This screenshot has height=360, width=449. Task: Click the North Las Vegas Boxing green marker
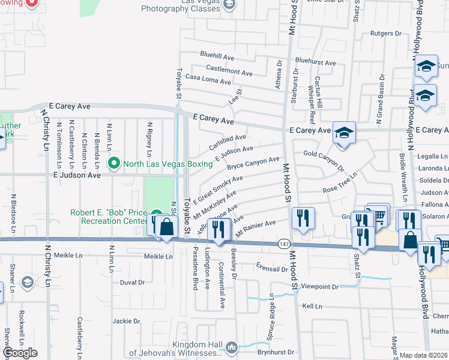113,163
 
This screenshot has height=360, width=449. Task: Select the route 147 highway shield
284,245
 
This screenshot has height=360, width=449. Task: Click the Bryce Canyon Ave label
253,162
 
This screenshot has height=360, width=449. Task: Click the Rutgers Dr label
385,34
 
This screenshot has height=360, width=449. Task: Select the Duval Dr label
132,282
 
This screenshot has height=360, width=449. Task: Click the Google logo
20,353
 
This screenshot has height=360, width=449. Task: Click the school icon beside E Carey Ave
344,133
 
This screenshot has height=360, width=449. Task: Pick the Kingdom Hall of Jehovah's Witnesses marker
231,346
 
